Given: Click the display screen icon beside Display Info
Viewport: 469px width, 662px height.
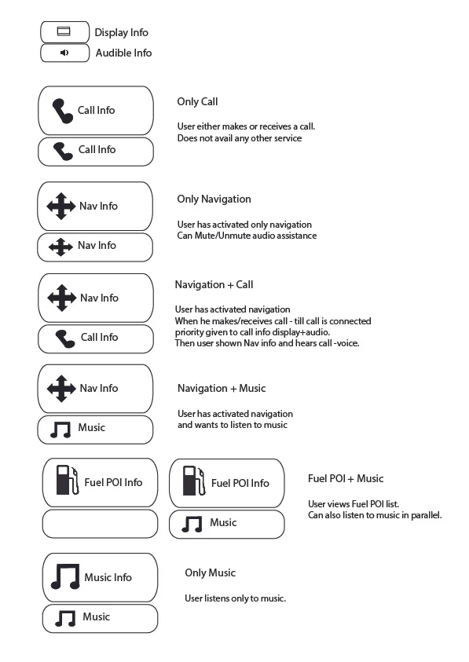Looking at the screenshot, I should coord(64,32).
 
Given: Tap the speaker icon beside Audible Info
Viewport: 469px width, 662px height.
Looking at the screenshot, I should coord(64,53).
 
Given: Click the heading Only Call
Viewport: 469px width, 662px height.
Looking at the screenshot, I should coord(197,102).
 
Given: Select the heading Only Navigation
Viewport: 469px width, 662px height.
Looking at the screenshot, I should coord(214,199).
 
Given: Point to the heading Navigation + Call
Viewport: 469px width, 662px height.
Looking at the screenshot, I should coord(214,284).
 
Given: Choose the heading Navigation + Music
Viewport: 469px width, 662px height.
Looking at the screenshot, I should coord(222,388).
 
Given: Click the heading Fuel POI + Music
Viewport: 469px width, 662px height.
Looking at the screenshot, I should coord(346,478).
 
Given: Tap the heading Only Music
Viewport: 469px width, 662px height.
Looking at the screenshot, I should coord(210,573).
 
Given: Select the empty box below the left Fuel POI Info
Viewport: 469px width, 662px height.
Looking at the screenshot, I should coord(100,523).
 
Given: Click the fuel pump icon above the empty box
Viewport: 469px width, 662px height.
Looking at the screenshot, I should coord(68,481).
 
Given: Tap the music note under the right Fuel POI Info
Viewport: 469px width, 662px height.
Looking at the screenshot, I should coord(192,524).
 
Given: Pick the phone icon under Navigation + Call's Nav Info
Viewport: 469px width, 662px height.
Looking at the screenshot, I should coord(65,338).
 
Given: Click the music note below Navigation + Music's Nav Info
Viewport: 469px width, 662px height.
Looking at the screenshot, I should coord(60,429).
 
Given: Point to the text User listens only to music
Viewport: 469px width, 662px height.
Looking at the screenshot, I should coord(235,598).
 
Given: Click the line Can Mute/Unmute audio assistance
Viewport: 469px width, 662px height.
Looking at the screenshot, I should coord(247,236).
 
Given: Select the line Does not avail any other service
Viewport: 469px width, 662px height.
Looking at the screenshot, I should coord(239,138).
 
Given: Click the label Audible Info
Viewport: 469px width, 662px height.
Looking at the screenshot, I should coord(123,53).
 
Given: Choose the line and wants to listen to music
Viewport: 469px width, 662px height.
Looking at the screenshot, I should coord(232,425).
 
